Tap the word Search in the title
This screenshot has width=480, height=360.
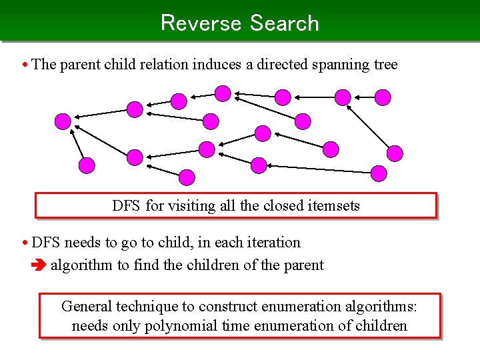pyautogui.click(x=285, y=23)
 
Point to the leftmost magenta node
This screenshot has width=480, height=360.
pyautogui.click(x=63, y=121)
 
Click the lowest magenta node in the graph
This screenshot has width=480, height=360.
pyautogui.click(x=187, y=177)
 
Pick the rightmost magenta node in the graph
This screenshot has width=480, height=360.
pyautogui.click(x=395, y=153)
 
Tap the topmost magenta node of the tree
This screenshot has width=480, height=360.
pyautogui.click(x=223, y=93)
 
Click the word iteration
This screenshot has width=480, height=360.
pyautogui.click(x=273, y=243)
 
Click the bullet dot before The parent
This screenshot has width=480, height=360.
pyautogui.click(x=25, y=65)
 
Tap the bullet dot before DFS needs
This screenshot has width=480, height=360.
pyautogui.click(x=25, y=243)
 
